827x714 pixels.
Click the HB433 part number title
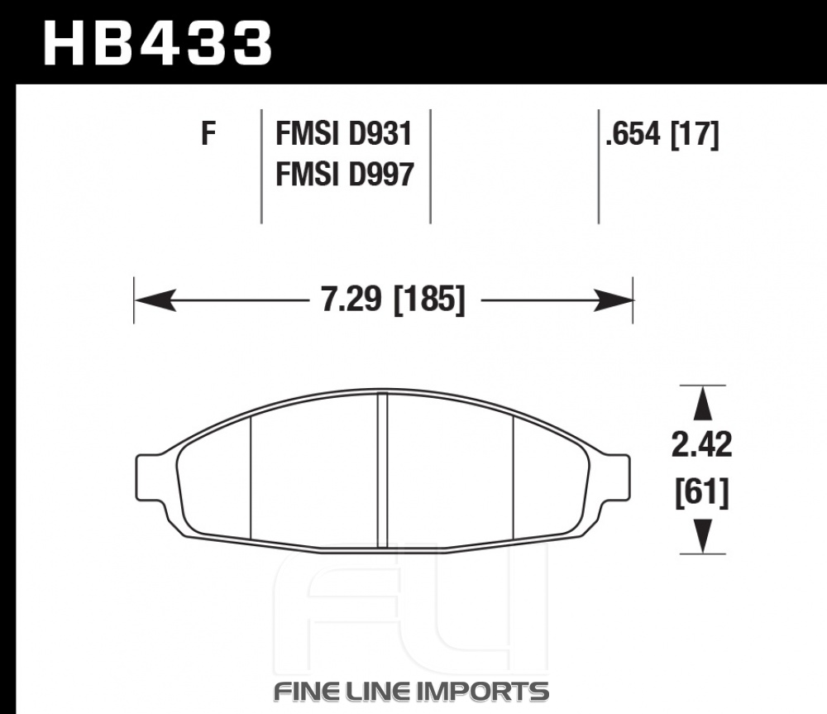tap(158, 43)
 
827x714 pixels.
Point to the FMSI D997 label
tap(344, 174)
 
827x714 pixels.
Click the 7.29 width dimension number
tap(351, 299)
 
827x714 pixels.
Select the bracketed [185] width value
tap(429, 299)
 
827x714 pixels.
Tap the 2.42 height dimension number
tap(701, 444)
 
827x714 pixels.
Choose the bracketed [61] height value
tap(702, 492)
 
